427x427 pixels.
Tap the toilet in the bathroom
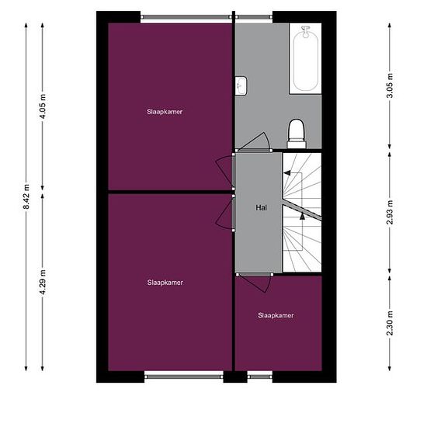(x=297, y=134)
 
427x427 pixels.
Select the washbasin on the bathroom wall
(x=241, y=85)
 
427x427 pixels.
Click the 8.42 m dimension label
(x=26, y=196)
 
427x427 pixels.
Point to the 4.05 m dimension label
(x=43, y=106)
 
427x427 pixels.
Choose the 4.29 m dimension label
(x=43, y=282)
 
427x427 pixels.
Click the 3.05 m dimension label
(x=390, y=85)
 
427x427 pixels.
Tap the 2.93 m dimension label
(x=390, y=212)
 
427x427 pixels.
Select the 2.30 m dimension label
(x=390, y=323)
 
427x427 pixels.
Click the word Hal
(x=261, y=208)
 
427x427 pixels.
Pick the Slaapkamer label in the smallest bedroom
(x=276, y=315)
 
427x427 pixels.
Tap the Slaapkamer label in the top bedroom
(x=165, y=112)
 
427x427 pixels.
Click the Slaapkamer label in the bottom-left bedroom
(x=165, y=283)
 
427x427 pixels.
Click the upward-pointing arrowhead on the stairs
(x=302, y=217)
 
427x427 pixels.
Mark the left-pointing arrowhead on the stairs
(x=287, y=172)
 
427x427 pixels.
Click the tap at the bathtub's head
(x=306, y=31)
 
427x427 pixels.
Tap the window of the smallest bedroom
(x=260, y=377)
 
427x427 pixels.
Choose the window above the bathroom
(x=254, y=17)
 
